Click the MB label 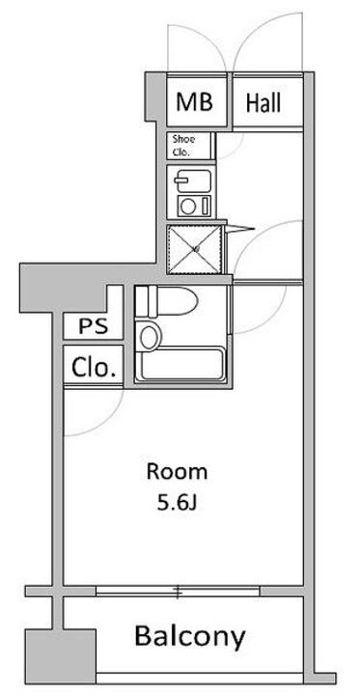[x=195, y=101]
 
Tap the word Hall [x=263, y=103]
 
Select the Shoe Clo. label [x=183, y=146]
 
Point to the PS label [x=93, y=326]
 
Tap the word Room [x=177, y=472]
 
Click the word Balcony [x=189, y=636]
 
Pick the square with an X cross [x=194, y=250]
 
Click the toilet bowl [x=173, y=301]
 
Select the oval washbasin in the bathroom [x=149, y=337]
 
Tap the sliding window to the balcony [x=178, y=592]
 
